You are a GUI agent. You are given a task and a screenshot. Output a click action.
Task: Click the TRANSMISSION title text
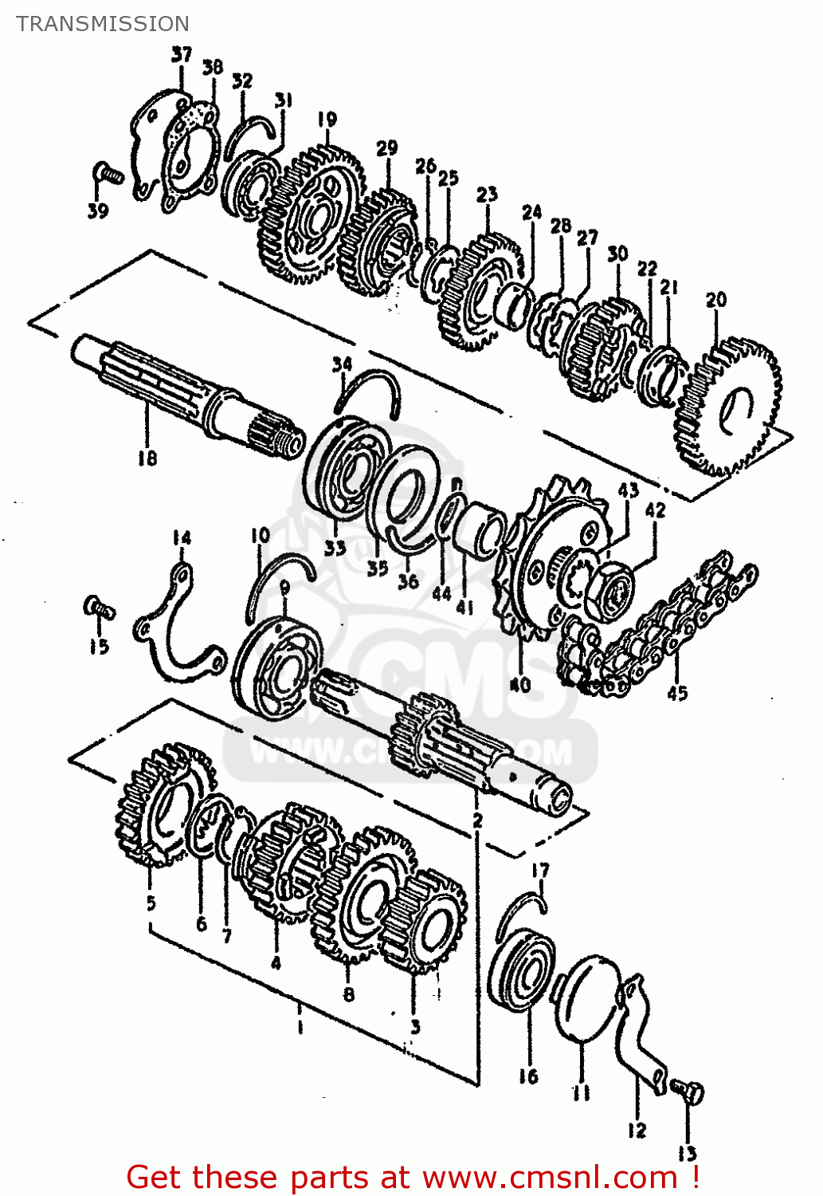103,24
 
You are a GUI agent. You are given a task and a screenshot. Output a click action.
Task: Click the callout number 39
98,211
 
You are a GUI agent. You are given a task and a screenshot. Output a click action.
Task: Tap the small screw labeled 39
108,172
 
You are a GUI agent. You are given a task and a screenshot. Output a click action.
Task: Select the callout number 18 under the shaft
147,458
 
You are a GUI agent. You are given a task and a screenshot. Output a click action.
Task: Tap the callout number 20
716,300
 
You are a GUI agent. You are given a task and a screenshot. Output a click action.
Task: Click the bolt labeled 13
689,1092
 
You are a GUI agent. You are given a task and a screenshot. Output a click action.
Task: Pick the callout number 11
582,1092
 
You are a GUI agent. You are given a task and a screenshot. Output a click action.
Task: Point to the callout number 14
182,538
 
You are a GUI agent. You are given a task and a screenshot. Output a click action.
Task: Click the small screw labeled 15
99,610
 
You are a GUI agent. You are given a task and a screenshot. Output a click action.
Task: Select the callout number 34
342,364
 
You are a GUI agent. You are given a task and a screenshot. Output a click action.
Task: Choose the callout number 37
182,54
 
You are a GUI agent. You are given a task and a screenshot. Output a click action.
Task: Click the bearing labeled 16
522,969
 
